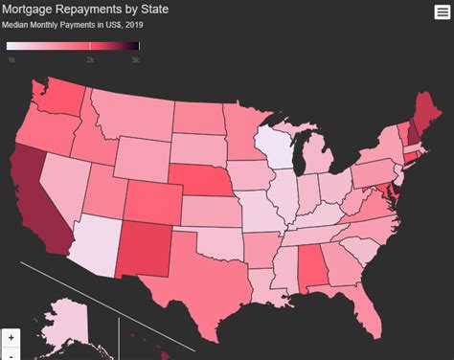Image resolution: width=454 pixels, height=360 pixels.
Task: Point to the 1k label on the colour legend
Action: coord(11,59)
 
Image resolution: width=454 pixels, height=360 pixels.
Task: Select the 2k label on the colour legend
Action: coord(90,59)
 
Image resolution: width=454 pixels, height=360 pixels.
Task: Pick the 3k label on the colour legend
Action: coord(135,59)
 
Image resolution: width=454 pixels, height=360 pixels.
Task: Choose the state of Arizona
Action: coord(92,239)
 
